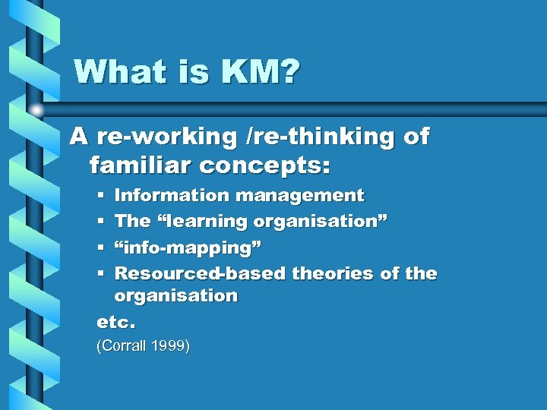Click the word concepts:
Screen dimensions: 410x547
(x=264, y=163)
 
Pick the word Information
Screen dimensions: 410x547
(x=171, y=196)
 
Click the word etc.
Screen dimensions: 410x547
(x=115, y=322)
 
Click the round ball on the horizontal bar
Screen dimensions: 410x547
(x=36, y=111)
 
